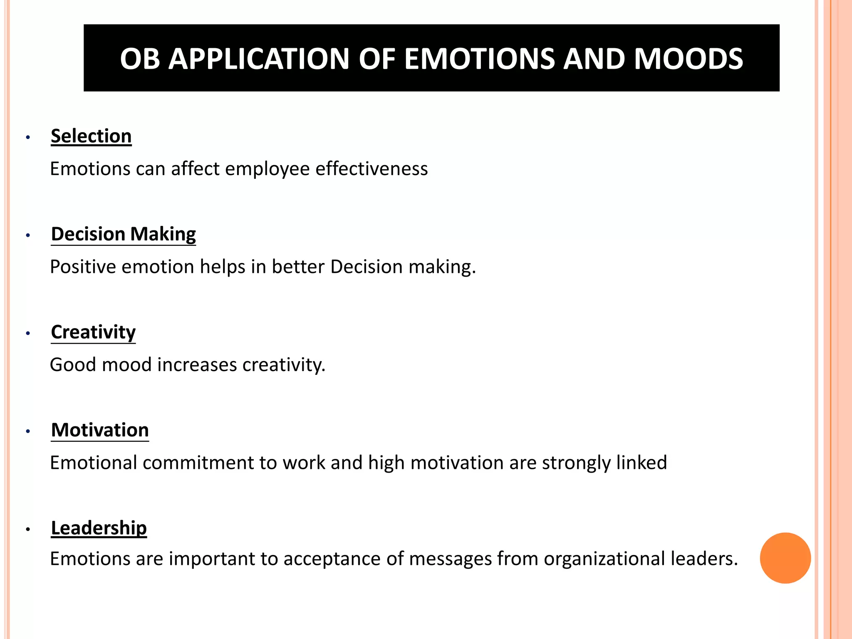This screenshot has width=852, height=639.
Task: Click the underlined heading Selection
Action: click(91, 136)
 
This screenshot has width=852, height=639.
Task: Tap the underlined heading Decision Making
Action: click(123, 234)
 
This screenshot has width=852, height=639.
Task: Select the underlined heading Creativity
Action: click(93, 332)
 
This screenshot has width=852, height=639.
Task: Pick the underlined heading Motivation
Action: click(100, 430)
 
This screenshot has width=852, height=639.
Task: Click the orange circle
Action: click(785, 558)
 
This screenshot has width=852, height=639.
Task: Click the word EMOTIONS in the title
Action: click(479, 59)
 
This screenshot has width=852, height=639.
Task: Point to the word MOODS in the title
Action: click(688, 59)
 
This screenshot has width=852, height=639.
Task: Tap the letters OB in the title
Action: click(140, 59)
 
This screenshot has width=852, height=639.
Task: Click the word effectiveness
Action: click(372, 169)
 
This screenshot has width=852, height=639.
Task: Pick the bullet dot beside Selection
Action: click(28, 137)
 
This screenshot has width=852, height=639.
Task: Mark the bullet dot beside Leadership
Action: click(28, 529)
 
